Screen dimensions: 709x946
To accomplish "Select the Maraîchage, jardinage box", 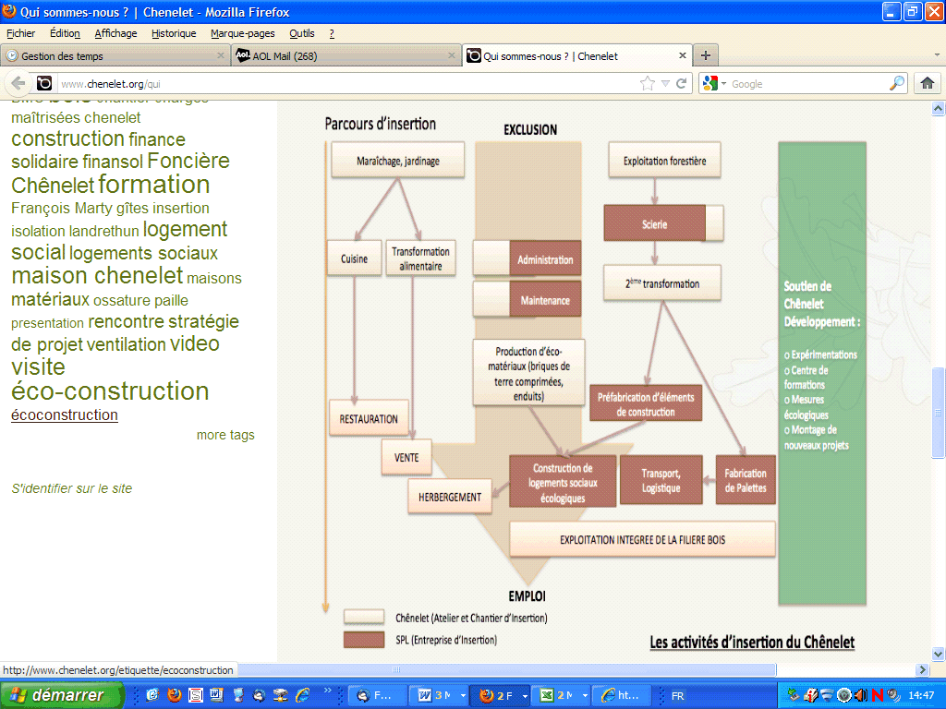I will click(397, 162).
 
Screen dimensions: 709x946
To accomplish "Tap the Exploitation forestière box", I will click(664, 162).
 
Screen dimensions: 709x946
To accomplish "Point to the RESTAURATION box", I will click(369, 419).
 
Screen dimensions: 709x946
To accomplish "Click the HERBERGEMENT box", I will click(450, 497).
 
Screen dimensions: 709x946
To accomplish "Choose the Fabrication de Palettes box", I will click(745, 480).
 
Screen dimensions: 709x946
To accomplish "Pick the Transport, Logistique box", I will click(661, 480).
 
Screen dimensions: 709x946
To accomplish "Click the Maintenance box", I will click(544, 300).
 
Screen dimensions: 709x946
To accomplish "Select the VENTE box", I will click(406, 457).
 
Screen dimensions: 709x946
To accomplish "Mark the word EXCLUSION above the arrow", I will click(530, 130).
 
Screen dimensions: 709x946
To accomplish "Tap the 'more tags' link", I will click(225, 435).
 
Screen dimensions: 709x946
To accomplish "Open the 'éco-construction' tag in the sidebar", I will click(110, 391).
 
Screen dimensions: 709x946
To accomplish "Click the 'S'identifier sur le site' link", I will click(72, 488).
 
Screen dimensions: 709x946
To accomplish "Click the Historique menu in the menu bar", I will click(174, 33).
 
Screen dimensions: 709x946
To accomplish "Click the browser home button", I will click(928, 83).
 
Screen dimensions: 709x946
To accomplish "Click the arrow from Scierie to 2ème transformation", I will click(655, 253).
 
